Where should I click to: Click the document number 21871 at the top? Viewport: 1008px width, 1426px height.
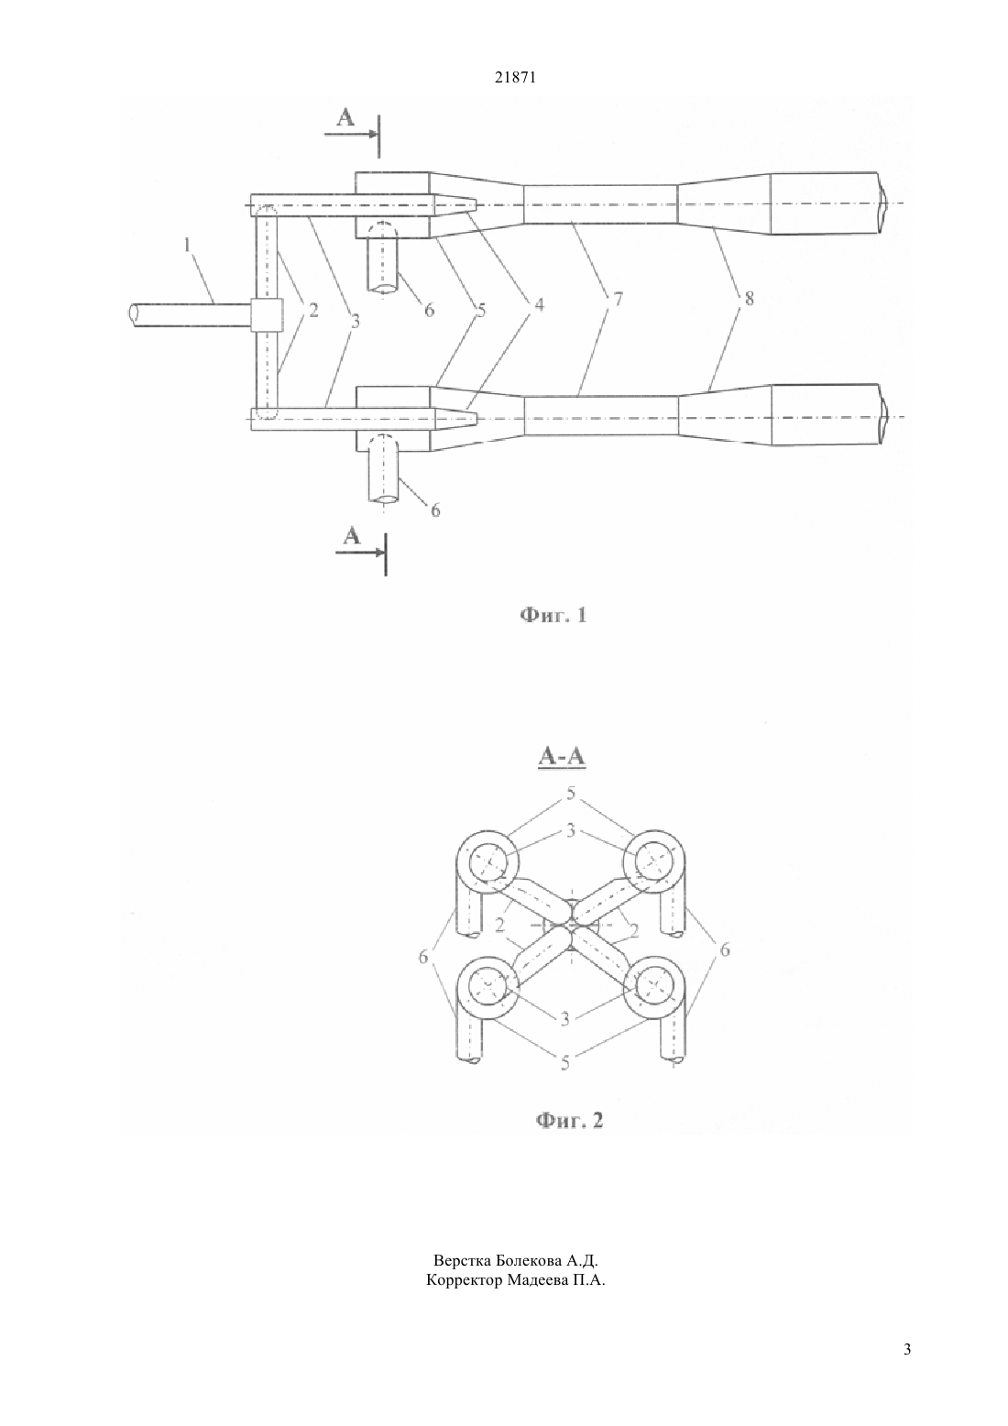click(x=515, y=78)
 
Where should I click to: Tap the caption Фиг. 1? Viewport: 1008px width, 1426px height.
click(x=553, y=615)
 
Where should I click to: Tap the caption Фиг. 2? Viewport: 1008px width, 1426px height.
click(x=569, y=1120)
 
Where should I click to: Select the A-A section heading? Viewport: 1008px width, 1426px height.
click(x=562, y=756)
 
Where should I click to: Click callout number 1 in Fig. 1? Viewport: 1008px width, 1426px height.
click(x=187, y=245)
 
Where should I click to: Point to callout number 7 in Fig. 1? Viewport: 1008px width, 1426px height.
click(x=618, y=299)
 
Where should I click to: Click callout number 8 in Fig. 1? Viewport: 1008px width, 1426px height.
click(x=749, y=298)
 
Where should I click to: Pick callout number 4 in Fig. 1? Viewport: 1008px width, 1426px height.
click(x=539, y=304)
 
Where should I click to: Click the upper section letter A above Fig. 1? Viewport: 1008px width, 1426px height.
click(x=345, y=117)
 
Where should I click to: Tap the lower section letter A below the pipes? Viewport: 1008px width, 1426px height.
click(x=352, y=536)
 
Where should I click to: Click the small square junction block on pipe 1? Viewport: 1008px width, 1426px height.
click(x=266, y=314)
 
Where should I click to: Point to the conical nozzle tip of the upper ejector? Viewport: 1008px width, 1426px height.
click(x=455, y=205)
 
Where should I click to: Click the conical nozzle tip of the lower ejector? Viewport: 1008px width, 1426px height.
click(x=455, y=418)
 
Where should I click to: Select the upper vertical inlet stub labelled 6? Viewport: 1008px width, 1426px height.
click(x=382, y=258)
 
